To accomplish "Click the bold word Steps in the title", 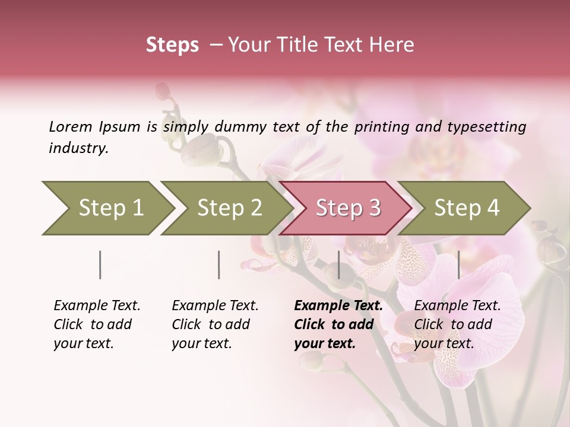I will click(172, 45).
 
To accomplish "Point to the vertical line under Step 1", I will click(100, 265).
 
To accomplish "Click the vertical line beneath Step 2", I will click(219, 265).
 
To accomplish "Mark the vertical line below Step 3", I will click(338, 265).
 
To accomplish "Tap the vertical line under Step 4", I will click(458, 265).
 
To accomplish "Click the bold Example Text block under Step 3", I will click(338, 324).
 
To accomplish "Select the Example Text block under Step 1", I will click(97, 324).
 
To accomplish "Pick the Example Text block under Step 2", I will click(215, 324).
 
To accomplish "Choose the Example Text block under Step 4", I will click(457, 324).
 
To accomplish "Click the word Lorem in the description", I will click(71, 126).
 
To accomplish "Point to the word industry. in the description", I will click(78, 148).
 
